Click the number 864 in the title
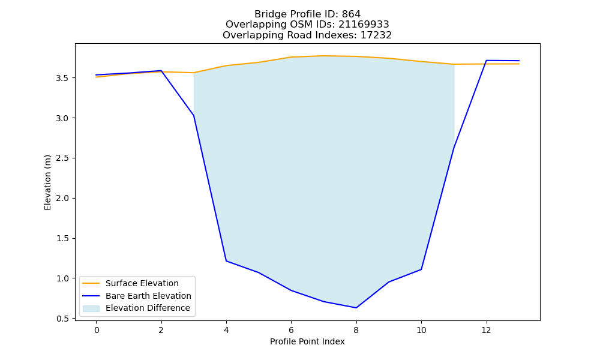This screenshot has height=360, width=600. coord(351,14)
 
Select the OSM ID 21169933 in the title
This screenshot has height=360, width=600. coord(364,25)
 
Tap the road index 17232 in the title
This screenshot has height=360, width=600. coord(376,35)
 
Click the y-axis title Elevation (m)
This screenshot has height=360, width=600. coord(47,182)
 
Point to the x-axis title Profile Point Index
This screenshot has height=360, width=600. coord(307,341)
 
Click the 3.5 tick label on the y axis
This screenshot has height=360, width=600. coord(62,78)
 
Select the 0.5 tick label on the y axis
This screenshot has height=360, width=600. coord(62,319)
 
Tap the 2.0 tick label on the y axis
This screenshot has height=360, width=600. coord(62,198)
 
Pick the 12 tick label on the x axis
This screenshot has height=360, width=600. coord(486,330)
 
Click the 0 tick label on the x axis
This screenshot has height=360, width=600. coord(97,330)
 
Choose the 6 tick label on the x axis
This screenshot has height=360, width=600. coord(291,330)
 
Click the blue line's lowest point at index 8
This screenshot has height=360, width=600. coord(356,308)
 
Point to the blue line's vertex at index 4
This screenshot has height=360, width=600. coord(226,261)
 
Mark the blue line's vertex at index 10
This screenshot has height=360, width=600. coord(421,269)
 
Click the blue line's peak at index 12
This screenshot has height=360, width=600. coord(486,61)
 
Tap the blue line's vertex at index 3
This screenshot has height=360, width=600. coord(194,116)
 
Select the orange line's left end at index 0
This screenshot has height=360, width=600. coord(96,77)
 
